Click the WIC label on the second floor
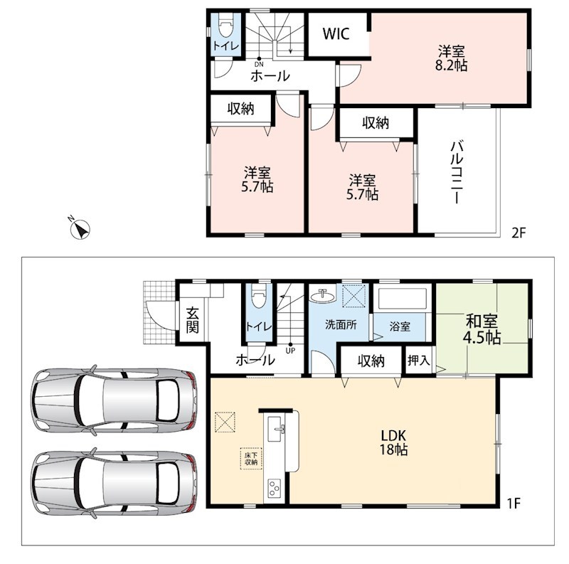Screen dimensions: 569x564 coord(336,33)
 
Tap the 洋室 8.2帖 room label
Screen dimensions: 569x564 coord(451,58)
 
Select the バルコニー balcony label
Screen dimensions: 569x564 coord(457,172)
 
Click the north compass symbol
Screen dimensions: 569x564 coord(80,228)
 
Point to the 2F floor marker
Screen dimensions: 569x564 coord(519,233)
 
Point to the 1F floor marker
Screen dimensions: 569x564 coord(514,504)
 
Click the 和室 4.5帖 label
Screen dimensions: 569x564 coord(482,329)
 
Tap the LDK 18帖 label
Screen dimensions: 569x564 coord(394,442)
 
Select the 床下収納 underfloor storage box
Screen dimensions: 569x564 coord(251,459)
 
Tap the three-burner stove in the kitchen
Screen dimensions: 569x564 coord(274,489)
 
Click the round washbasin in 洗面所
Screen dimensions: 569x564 coord(323,295)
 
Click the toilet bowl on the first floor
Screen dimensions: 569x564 coord(259,296)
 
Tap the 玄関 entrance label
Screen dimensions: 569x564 coord(192,320)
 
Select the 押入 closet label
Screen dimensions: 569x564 coord(419,361)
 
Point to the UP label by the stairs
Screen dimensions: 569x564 coord(290,351)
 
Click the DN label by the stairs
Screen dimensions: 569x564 coord(259,64)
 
